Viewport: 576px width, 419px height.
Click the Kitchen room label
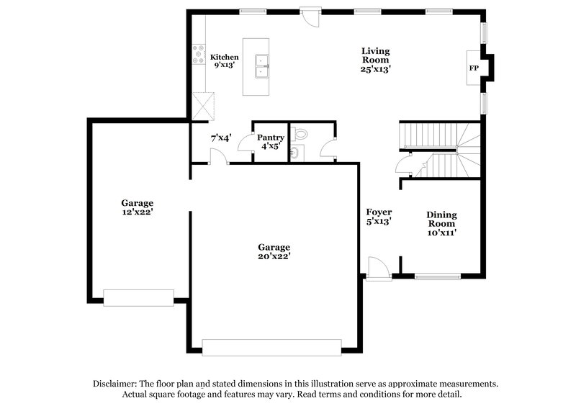[x=224, y=57]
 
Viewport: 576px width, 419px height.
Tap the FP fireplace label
[x=474, y=68]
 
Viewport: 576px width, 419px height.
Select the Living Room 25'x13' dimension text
[x=376, y=69]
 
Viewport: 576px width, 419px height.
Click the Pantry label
[x=271, y=137]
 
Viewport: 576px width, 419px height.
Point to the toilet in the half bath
[x=301, y=133]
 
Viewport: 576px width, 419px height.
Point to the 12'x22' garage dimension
[x=137, y=212]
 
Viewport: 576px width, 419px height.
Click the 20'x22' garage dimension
[x=274, y=256]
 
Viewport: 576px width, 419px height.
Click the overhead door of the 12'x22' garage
[x=139, y=297]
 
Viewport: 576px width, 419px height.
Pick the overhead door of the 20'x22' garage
[x=271, y=347]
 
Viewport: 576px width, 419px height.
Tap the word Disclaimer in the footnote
[x=117, y=384]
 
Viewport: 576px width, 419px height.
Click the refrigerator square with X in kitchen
[x=204, y=107]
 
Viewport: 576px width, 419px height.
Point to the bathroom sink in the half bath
[x=295, y=152]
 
